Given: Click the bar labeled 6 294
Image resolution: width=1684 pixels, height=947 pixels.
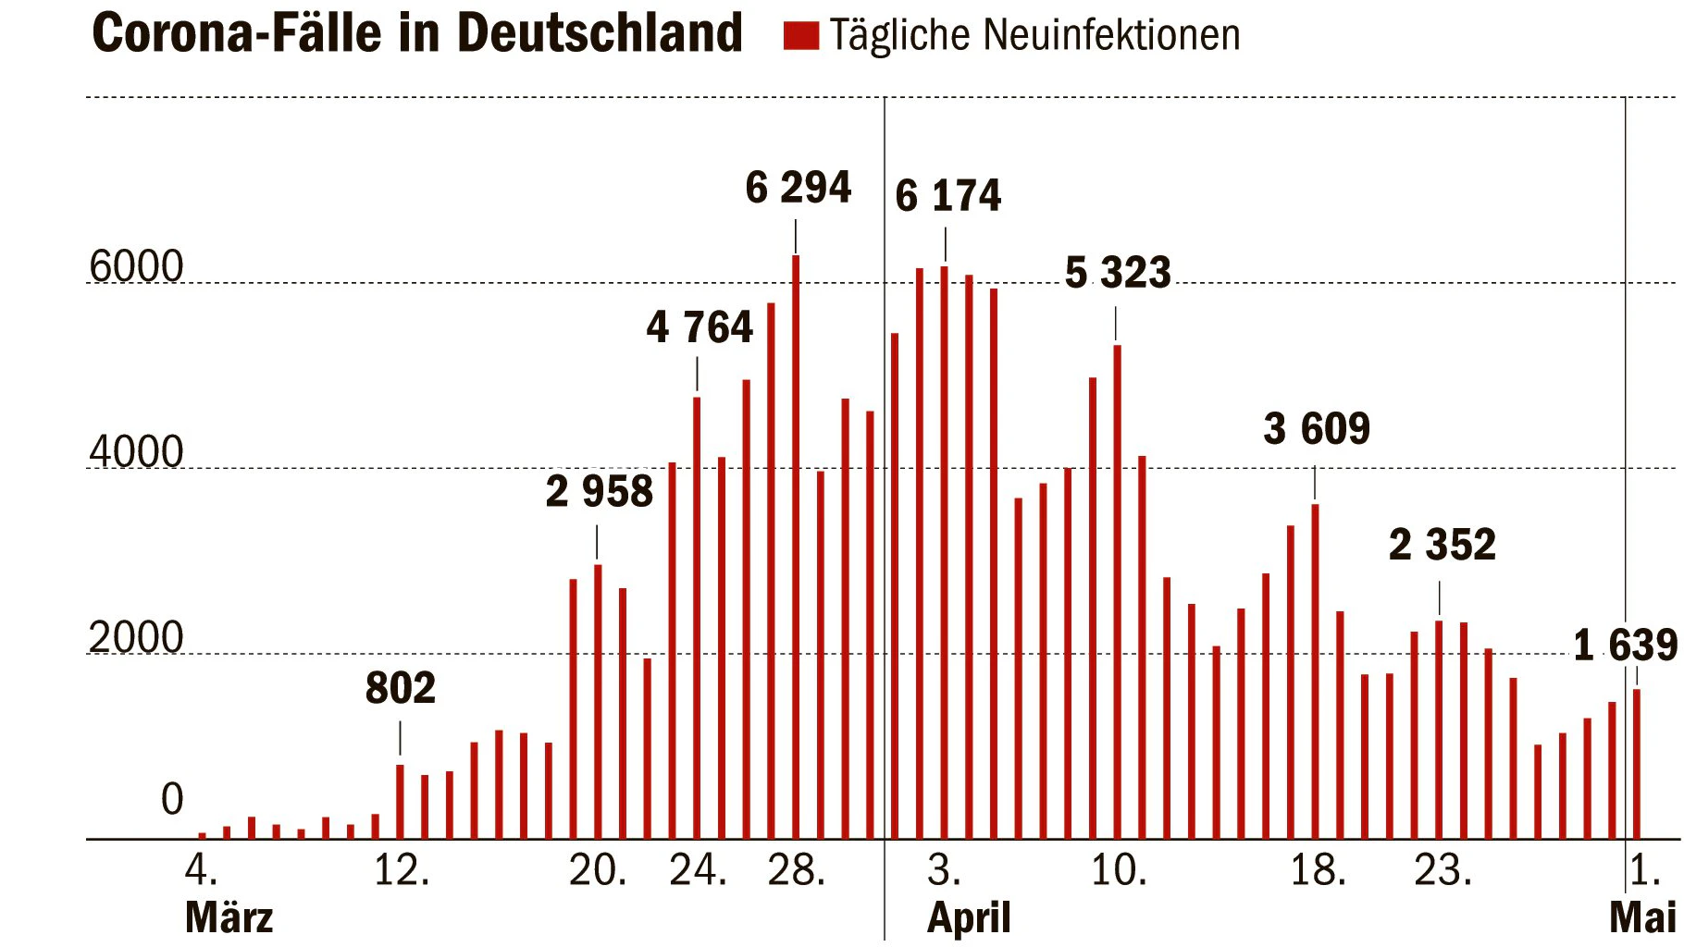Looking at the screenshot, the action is (x=796, y=547).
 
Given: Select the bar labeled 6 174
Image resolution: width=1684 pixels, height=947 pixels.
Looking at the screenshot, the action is (x=945, y=553).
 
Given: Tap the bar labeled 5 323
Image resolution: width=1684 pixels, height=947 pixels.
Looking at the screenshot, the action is (x=1117, y=592).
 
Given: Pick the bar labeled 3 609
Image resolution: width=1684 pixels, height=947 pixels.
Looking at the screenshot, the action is (x=1315, y=671).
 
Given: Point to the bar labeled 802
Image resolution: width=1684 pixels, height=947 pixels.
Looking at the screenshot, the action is (x=400, y=802).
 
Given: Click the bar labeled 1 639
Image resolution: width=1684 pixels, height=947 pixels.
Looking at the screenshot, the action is (x=1637, y=764).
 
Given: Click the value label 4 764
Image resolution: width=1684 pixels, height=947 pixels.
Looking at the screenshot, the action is (x=700, y=327).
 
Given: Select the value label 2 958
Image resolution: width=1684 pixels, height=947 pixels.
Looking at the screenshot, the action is (x=600, y=491).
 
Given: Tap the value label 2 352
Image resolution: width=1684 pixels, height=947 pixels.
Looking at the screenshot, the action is (x=1443, y=545).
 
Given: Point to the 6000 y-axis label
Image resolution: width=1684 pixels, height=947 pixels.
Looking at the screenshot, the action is (x=136, y=267).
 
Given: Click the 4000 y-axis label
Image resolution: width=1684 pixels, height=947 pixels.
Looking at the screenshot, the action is (x=136, y=452).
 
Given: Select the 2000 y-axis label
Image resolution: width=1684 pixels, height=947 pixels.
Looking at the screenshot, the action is (x=136, y=638).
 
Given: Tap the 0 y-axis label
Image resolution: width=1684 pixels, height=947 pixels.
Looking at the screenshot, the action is (x=172, y=800).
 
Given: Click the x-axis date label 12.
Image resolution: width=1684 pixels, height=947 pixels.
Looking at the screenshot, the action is (x=402, y=871).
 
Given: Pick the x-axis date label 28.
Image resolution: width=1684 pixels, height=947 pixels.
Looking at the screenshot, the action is (x=797, y=871).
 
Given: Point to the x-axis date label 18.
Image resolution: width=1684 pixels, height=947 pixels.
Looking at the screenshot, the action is (x=1319, y=871).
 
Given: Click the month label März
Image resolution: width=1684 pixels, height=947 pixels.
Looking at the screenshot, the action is (x=229, y=918).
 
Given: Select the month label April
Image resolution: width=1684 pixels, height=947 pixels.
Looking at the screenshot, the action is (x=969, y=918).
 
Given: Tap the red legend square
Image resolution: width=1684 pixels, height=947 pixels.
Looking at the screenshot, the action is (x=801, y=35).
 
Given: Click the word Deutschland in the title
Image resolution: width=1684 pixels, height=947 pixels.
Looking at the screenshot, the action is (x=600, y=33).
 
